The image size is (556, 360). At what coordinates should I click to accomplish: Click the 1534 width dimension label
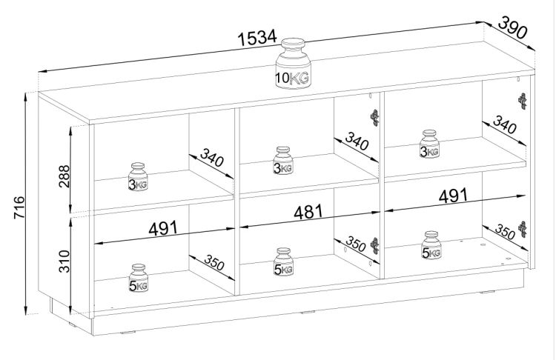pos(257,38)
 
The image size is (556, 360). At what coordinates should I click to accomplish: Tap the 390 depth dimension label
pos(513,27)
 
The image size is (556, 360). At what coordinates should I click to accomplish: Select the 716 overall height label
pos(19,207)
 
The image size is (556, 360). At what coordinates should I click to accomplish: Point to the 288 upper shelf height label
pos(64,176)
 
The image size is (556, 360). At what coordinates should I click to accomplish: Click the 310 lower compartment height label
pos(64,261)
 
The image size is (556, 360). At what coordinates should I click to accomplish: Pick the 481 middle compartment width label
pos(308,212)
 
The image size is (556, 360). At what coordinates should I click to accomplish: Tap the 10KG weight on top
pos(294,64)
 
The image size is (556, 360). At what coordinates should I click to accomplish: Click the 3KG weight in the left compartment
pos(138,177)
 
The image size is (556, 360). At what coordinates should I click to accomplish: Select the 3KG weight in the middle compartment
pos(283,161)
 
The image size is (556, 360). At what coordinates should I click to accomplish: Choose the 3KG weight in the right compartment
pos(429,144)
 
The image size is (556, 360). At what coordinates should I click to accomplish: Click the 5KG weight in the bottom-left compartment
pos(139,279)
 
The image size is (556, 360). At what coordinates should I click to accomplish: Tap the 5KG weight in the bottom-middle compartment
pos(284,262)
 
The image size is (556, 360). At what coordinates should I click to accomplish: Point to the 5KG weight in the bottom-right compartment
pos(431,245)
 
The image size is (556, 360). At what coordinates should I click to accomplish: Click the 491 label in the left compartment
pos(163,229)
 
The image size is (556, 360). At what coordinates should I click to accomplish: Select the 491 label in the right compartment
pos(453,196)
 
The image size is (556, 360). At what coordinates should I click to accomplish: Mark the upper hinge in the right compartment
pos(523,101)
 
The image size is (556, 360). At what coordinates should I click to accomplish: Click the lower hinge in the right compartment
pos(523,229)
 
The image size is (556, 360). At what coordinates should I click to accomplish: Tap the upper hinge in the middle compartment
pos(375,118)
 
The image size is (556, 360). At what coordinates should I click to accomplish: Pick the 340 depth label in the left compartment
pos(212,158)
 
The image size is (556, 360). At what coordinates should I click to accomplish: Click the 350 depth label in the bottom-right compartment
pos(505,232)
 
